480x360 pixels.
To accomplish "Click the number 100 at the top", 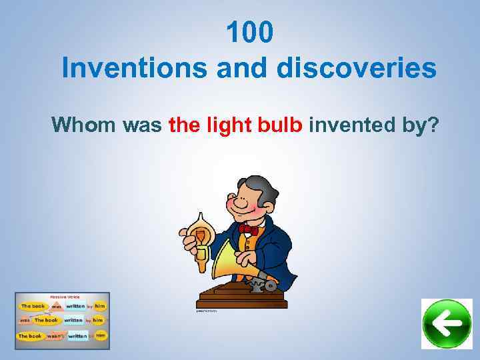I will click(249, 33).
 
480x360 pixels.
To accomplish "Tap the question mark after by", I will click(433, 124).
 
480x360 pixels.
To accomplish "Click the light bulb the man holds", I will click(199, 229).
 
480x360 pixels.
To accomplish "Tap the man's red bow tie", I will click(248, 229).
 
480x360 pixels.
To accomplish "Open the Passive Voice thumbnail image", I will click(62, 321).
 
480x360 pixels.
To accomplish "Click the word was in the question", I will click(143, 124).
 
